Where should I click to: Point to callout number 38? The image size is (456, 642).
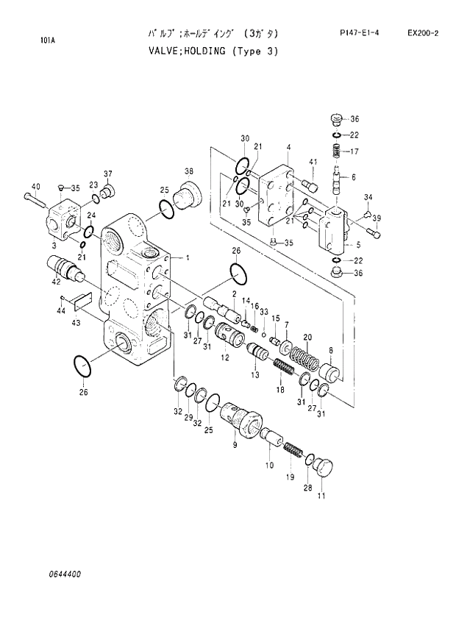click(189, 172)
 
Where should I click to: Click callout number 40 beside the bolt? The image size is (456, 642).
click(35, 186)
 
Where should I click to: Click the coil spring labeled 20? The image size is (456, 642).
click(302, 358)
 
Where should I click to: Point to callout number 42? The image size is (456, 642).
click(54, 281)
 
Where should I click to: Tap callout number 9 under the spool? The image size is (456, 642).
click(235, 445)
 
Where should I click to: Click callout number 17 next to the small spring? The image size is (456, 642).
click(354, 152)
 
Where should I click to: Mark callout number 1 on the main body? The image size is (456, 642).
click(188, 257)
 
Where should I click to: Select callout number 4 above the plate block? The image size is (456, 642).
click(288, 147)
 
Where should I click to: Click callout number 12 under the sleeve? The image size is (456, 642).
click(225, 357)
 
